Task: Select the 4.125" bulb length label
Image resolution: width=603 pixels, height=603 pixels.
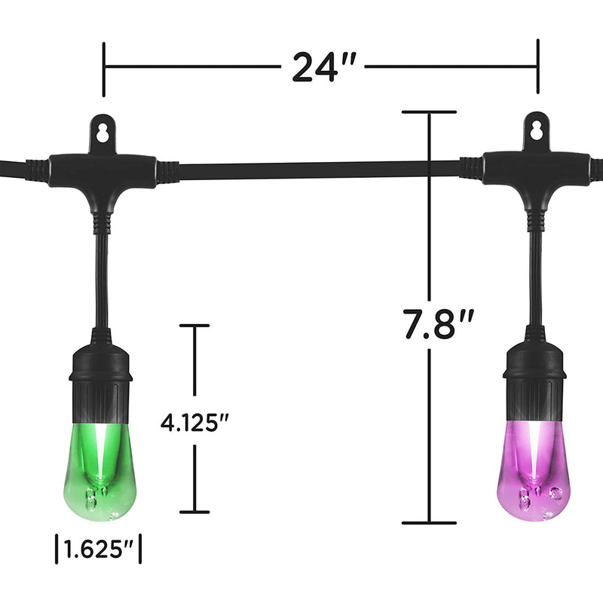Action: [195, 421]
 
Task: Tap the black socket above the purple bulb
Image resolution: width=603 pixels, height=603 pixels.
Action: [535, 381]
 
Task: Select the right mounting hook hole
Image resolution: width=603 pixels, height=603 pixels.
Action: [537, 129]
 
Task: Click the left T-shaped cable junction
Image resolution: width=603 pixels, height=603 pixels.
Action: [103, 172]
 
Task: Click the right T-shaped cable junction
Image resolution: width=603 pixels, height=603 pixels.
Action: [537, 169]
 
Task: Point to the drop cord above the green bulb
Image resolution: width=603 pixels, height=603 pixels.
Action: [101, 279]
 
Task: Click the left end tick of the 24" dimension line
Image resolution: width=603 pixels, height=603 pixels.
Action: [104, 68]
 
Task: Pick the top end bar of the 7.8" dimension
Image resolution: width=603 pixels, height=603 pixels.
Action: [429, 112]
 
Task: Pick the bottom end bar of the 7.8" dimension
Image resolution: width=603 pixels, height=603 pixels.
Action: [429, 522]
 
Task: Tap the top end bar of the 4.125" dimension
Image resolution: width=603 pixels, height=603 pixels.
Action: [194, 326]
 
